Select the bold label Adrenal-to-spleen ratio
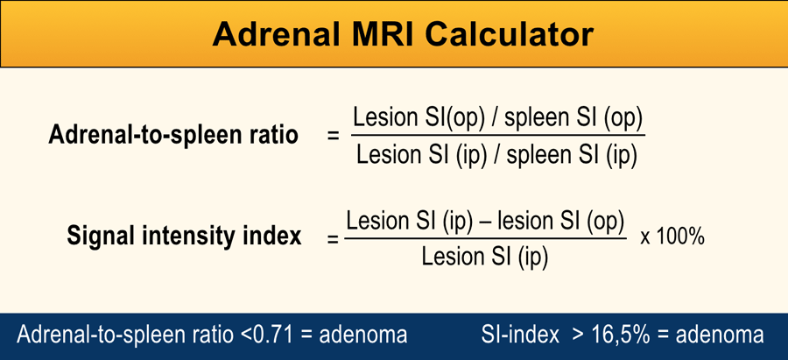173,136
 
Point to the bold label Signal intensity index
184,236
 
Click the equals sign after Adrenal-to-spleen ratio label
333,137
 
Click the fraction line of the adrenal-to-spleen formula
497,135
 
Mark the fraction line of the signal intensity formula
484,238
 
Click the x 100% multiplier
672,236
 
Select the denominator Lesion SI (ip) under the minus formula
484,257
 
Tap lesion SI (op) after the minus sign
560,222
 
